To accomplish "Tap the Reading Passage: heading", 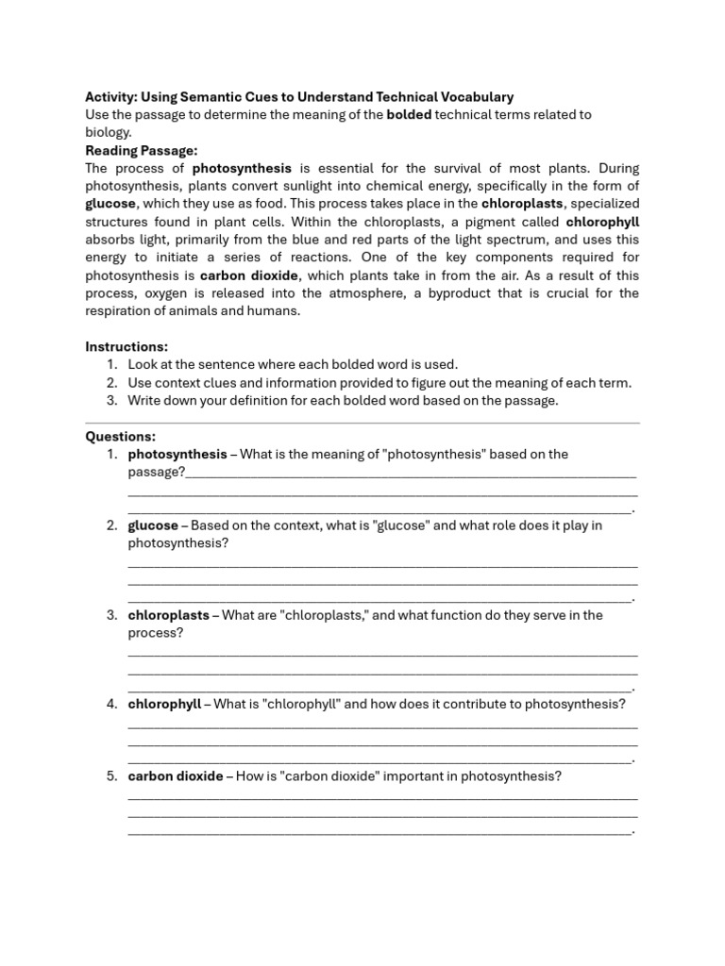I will pyautogui.click(x=141, y=150).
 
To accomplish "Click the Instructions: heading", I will pyautogui.click(x=126, y=346).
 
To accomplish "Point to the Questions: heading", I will pyautogui.click(x=121, y=436).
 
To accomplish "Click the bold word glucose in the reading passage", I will pyautogui.click(x=110, y=204).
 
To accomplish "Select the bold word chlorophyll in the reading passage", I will pyautogui.click(x=602, y=222).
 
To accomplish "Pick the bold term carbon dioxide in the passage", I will pyautogui.click(x=249, y=275).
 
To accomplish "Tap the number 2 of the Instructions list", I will pyautogui.click(x=110, y=382).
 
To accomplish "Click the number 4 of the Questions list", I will pyautogui.click(x=110, y=704).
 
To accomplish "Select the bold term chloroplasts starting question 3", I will pyautogui.click(x=168, y=615).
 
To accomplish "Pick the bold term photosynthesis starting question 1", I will pyautogui.click(x=177, y=454).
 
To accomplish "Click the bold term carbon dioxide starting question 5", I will pyautogui.click(x=176, y=776).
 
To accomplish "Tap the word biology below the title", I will pyautogui.click(x=108, y=132).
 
